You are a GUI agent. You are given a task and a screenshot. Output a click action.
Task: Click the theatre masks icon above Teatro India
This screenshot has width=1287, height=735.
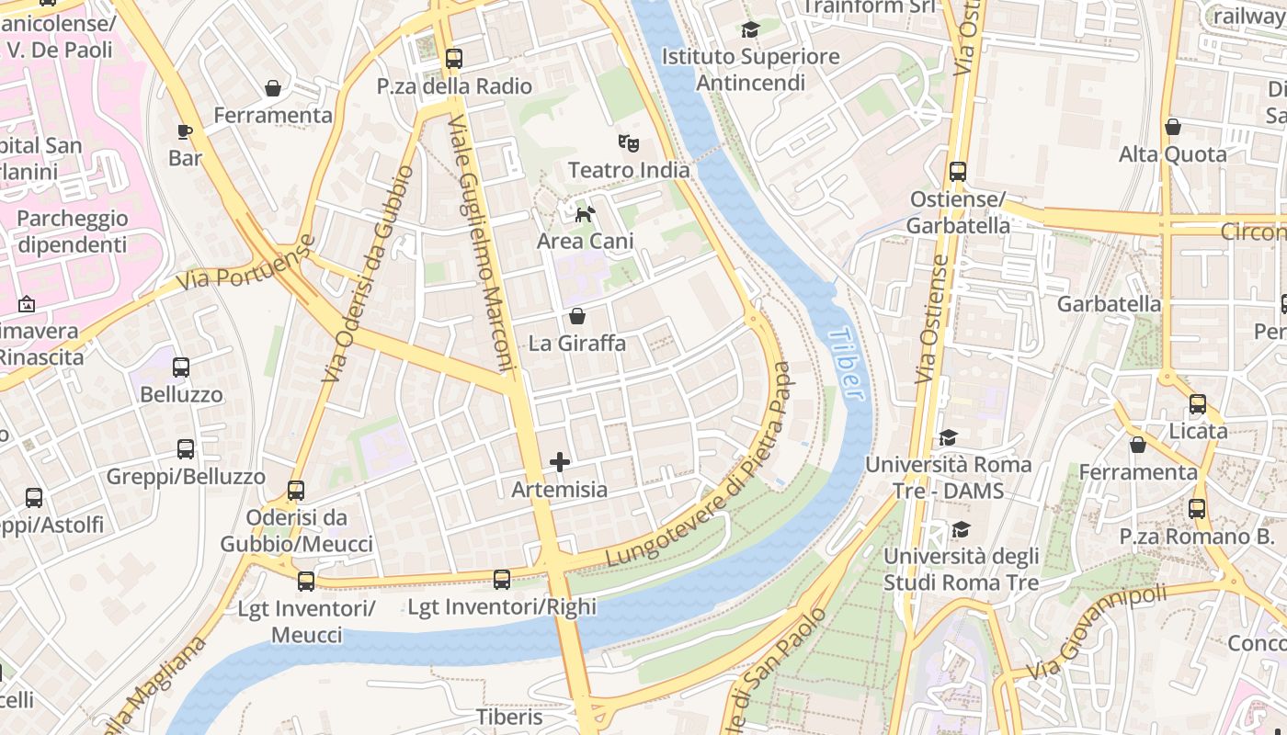pyautogui.click(x=629, y=142)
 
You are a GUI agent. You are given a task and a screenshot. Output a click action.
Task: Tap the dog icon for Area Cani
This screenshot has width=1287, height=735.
pyautogui.click(x=585, y=215)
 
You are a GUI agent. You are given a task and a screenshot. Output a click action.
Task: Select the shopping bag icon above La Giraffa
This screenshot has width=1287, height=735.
pyautogui.click(x=577, y=317)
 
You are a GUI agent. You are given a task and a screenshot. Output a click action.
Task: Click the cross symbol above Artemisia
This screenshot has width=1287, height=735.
pyautogui.click(x=559, y=462)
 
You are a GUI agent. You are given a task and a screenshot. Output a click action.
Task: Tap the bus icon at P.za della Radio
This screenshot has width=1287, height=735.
pyautogui.click(x=453, y=59)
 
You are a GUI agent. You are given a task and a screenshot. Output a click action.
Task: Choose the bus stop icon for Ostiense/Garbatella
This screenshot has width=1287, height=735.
pyautogui.click(x=957, y=172)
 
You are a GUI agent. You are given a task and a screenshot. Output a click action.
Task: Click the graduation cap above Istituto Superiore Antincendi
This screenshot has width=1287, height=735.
pyautogui.click(x=750, y=30)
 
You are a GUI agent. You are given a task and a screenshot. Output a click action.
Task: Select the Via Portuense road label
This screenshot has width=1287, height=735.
pyautogui.click(x=245, y=264)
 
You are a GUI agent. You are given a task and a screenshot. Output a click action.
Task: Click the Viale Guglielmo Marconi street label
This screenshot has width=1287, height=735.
pyautogui.click(x=484, y=243)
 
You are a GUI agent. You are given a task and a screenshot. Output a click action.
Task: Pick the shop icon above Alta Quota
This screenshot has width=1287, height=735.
pyautogui.click(x=1172, y=127)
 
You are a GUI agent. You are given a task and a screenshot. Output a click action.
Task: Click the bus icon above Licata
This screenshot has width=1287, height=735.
pyautogui.click(x=1197, y=404)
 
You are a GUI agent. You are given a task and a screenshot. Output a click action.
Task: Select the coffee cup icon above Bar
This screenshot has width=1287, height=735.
pyautogui.click(x=185, y=131)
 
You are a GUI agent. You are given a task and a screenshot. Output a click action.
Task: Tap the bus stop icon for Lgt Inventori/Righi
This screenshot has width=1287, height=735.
pyautogui.click(x=501, y=580)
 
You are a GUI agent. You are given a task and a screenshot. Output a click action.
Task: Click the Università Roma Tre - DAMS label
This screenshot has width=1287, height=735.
pyautogui.click(x=948, y=478)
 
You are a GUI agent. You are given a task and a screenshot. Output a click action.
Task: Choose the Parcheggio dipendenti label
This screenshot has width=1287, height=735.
pyautogui.click(x=73, y=232)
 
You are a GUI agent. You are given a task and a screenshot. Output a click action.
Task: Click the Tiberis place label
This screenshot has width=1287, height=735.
pyautogui.click(x=509, y=717)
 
